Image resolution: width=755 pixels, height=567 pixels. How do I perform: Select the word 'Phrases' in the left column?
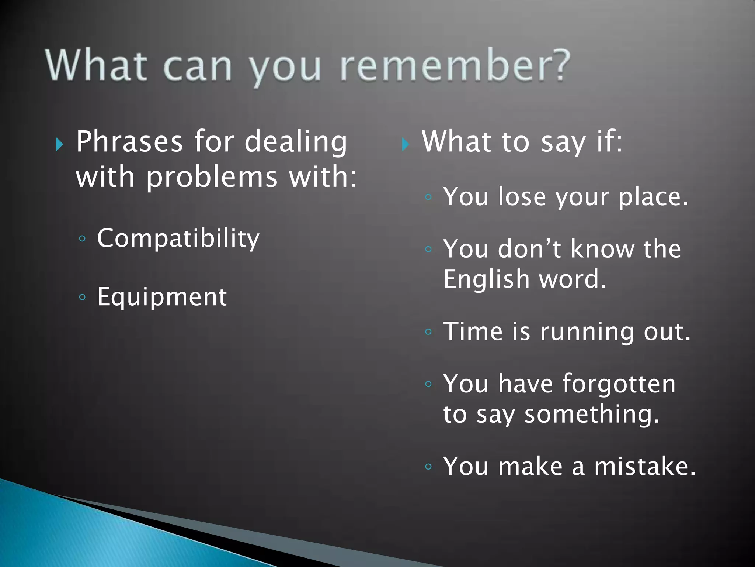[x=129, y=142]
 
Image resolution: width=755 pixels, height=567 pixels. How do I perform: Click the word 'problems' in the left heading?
[x=212, y=177]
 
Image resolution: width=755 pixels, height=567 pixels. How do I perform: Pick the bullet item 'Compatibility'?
[x=178, y=239]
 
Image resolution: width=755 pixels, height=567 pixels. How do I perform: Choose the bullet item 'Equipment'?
[x=162, y=297]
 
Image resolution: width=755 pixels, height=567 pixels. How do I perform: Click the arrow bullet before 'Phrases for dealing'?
[x=59, y=144]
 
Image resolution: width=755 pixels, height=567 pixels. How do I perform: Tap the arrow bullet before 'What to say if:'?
[x=405, y=144]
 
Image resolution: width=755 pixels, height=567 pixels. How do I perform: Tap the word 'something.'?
[x=592, y=414]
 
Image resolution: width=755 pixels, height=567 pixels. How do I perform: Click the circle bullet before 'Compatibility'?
[x=82, y=239]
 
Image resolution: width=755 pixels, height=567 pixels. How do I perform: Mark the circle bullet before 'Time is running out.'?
[x=428, y=332]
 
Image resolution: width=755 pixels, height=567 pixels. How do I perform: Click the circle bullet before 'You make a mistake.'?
[x=428, y=467]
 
